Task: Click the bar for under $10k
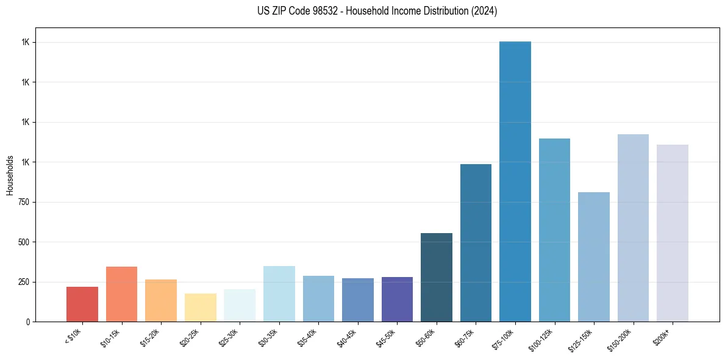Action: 82,304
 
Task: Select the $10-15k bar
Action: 121,294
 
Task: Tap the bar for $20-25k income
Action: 200,308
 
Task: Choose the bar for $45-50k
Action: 397,299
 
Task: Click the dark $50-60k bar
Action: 437,277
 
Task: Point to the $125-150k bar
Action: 594,257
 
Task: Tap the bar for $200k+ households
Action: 673,233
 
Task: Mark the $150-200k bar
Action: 633,228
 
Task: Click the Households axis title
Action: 10,175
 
